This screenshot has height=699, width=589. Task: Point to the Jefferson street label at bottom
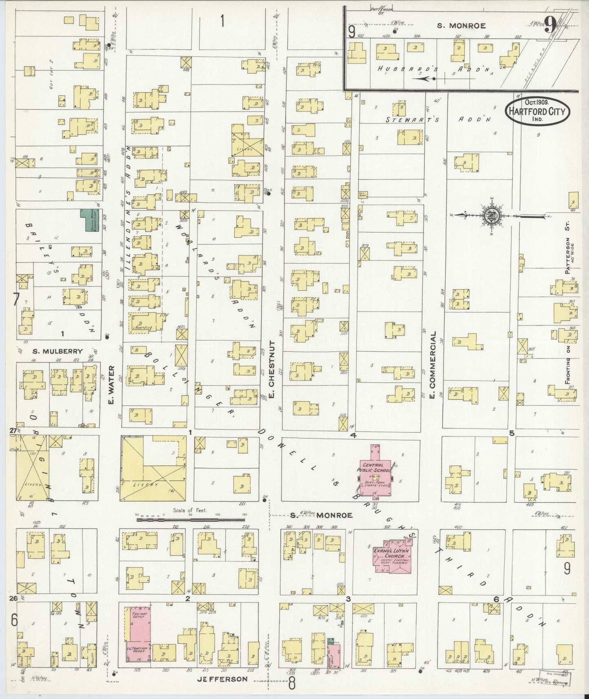coord(222,679)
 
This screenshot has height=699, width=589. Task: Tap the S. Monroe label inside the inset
coord(461,26)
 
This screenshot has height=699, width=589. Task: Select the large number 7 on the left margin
coord(15,300)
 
